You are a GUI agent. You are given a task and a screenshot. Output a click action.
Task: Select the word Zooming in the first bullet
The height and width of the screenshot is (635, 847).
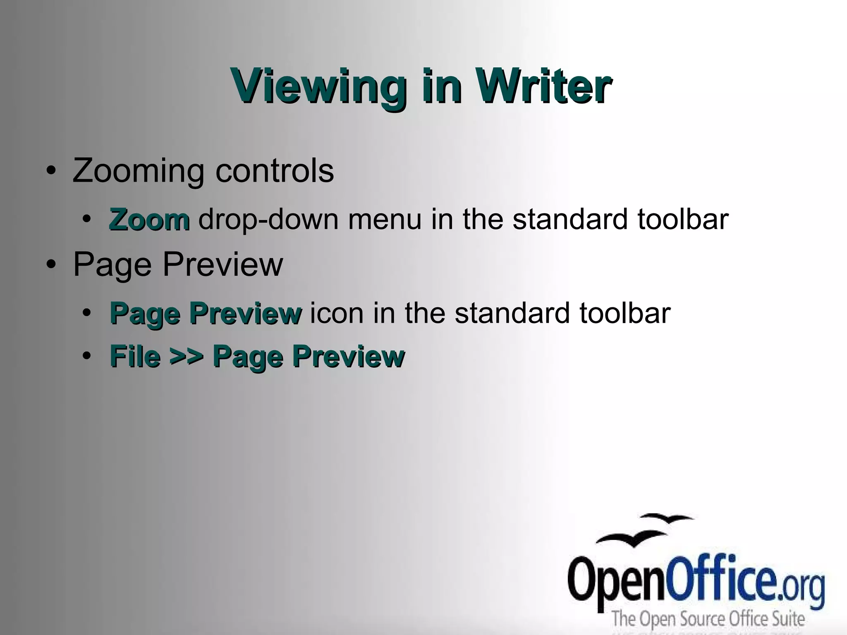point(138,171)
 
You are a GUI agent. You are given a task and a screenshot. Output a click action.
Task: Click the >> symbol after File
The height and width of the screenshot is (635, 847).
point(187,357)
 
